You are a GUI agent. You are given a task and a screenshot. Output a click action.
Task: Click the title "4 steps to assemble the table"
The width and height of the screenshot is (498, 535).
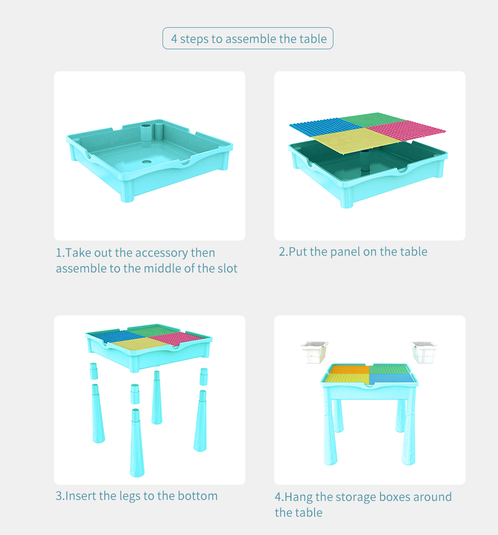click(248, 39)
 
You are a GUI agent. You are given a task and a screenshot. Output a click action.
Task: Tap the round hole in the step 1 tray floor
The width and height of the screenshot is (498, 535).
click(147, 162)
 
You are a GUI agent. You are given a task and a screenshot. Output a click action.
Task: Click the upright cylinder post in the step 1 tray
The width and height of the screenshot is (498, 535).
click(146, 136)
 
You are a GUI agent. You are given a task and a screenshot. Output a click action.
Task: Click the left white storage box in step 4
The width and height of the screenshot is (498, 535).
click(315, 352)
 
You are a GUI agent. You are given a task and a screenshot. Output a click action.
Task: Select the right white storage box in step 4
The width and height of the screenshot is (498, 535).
click(424, 352)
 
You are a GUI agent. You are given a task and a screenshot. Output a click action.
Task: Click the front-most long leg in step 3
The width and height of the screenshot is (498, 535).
click(137, 443)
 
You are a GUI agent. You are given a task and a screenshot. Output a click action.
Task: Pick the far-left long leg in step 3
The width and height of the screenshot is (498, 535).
click(98, 413)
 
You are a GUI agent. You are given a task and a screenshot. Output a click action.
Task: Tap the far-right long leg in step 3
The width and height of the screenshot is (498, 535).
click(200, 421)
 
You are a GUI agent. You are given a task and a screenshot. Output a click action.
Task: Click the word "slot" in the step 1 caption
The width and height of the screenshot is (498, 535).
click(228, 268)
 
